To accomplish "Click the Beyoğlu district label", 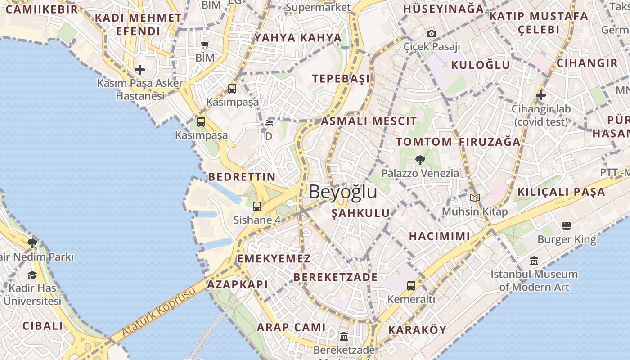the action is tap(343, 192).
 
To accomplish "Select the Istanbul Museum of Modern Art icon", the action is tap(534, 261).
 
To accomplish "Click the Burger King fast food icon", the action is tap(567, 225).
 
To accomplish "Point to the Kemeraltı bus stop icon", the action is tap(411, 285).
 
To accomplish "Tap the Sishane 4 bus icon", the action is tap(256, 207).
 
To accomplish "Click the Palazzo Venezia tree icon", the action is tap(420, 159).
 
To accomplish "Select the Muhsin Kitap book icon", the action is tap(474, 198).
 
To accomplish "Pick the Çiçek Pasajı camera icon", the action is tap(431, 33).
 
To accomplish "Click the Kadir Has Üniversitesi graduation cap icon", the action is tap(32, 275).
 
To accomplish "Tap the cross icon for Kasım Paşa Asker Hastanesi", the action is tap(140, 70).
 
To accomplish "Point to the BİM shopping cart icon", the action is tap(205, 45).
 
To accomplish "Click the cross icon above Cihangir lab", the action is tap(541, 95).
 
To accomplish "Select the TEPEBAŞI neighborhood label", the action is tap(341, 79).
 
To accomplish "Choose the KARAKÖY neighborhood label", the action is tap(417, 330).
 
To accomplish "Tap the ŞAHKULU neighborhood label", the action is tap(360, 213).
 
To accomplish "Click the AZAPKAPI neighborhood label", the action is tap(237, 284).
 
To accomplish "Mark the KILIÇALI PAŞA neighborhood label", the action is tap(561, 192).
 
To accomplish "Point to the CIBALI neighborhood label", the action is tap(43, 326).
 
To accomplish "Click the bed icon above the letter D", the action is tap(269, 122).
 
